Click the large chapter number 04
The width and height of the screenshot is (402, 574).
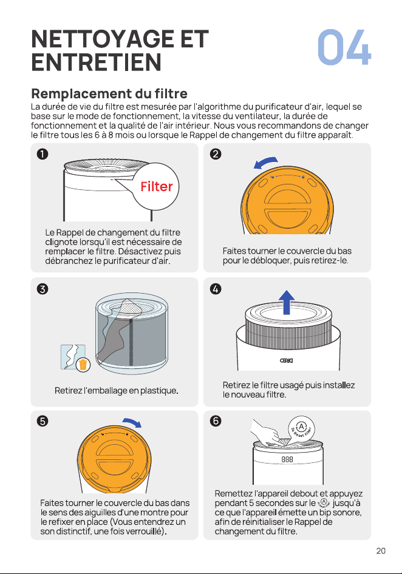[344, 47]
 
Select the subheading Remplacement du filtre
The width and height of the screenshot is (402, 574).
[109, 93]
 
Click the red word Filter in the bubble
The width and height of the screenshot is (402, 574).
[157, 187]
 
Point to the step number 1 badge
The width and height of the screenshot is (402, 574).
[43, 154]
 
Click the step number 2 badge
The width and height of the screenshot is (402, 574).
[216, 154]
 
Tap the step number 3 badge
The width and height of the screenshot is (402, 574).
[43, 289]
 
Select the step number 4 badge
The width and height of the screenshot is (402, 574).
[216, 289]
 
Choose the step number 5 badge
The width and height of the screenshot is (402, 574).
[43, 421]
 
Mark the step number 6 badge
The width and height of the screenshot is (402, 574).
[216, 421]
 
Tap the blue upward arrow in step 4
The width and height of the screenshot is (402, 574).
[287, 302]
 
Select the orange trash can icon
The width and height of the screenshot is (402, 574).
[83, 365]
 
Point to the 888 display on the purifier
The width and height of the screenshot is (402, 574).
[287, 459]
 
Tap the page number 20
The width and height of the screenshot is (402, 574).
[381, 551]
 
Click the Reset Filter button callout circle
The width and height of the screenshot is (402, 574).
[301, 428]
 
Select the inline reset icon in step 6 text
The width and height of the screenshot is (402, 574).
[324, 503]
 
